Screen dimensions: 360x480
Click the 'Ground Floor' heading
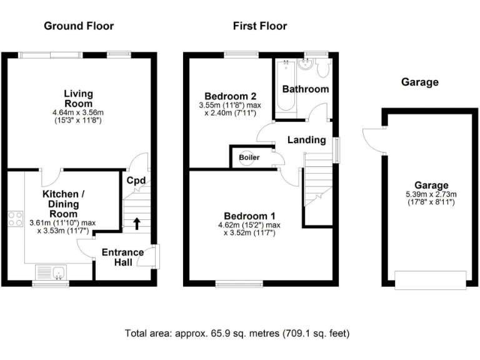[x=79, y=26]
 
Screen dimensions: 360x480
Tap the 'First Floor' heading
[x=260, y=26]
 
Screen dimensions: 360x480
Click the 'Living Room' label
[x=78, y=99]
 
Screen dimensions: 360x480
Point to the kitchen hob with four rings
[x=15, y=220]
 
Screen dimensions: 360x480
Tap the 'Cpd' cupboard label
[x=136, y=181]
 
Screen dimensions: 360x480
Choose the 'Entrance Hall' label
[x=122, y=257]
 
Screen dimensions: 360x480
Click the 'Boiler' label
[x=249, y=157]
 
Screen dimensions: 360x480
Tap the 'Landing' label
[x=306, y=139]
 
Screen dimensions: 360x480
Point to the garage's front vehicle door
[x=431, y=279]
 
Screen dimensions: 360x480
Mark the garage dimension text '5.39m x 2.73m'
[x=431, y=194]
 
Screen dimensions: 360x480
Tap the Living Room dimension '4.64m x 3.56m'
[x=78, y=112]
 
